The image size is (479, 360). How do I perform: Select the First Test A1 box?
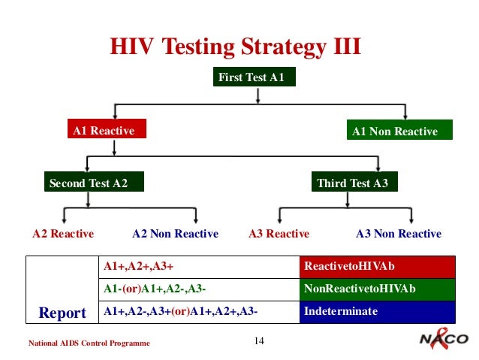point(250,77)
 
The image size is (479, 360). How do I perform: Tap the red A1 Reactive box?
point(104,131)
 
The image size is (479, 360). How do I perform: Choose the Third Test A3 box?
point(353,183)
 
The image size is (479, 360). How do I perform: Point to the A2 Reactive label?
point(63,234)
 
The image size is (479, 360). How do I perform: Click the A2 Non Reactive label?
point(175,234)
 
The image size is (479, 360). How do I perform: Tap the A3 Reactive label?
point(279,234)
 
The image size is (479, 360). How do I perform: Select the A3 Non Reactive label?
point(398,234)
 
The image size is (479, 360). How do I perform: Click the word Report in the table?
point(62,312)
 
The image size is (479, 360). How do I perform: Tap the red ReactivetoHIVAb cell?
point(377,267)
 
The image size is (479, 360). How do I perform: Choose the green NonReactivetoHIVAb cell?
point(377,289)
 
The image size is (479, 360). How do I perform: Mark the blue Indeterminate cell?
point(377,312)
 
